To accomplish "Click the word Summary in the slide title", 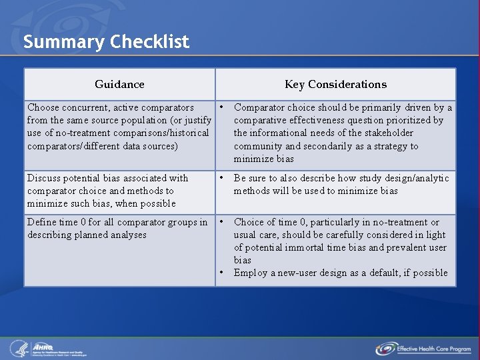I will coord(64,43).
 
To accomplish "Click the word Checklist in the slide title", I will coord(150,43).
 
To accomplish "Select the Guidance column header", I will coord(119,84).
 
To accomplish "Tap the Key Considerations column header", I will coord(335,84).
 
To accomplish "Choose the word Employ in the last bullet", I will coord(250,273).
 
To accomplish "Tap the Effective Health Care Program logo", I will coord(423,348).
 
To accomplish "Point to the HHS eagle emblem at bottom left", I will coord(18,348).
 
